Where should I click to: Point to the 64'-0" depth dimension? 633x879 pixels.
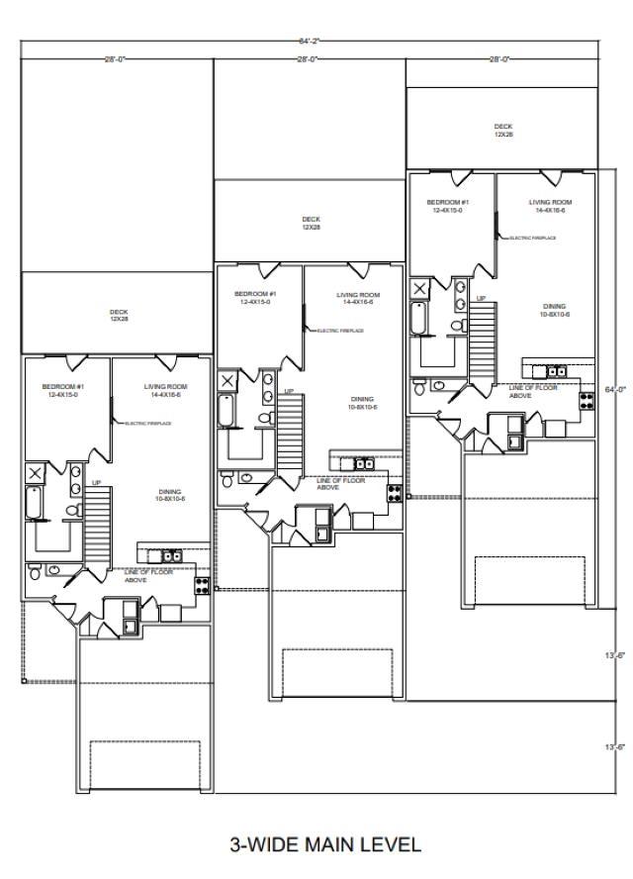[x=614, y=390]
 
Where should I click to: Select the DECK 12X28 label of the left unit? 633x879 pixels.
[x=119, y=316]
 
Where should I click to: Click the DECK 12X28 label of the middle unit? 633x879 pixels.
[x=311, y=223]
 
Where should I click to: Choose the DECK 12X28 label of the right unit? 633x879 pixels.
[x=503, y=130]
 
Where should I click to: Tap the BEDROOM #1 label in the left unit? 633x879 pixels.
[x=61, y=390]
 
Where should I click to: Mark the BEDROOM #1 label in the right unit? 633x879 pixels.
[x=447, y=206]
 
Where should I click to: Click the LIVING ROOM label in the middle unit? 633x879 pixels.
[x=358, y=298]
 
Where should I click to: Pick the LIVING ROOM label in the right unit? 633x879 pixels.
[x=550, y=206]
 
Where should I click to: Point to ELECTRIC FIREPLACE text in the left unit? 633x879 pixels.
[x=148, y=424]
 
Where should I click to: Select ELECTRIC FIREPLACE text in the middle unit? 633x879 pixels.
[x=340, y=331]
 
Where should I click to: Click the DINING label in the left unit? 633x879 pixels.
[x=169, y=495]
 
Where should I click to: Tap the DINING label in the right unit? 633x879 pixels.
[x=554, y=309]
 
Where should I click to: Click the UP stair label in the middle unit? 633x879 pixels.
[x=289, y=391]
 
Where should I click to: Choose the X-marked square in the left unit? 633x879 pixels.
[x=35, y=473]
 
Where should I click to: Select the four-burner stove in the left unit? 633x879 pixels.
[x=203, y=583]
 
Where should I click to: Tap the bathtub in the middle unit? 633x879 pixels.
[x=225, y=410]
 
